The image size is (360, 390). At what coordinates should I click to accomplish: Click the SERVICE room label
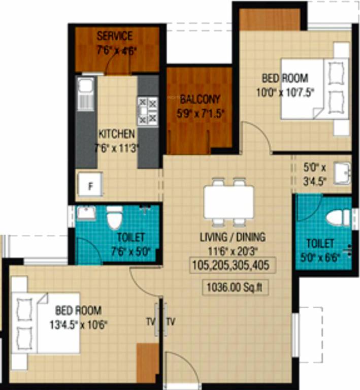[x=114, y=36]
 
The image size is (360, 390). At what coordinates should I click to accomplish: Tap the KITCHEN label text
[x=116, y=134]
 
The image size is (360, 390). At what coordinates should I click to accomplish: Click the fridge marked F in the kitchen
[x=90, y=185]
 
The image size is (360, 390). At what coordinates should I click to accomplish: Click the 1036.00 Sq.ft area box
[x=235, y=287]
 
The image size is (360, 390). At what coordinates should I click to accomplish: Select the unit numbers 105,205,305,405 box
[x=233, y=265]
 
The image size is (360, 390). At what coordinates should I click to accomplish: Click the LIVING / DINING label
[x=233, y=237]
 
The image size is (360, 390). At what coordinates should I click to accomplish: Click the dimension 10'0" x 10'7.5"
[x=285, y=92]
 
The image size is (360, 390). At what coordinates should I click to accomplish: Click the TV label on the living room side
[x=171, y=321]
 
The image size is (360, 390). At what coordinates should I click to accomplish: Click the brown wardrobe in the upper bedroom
[x=270, y=19]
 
